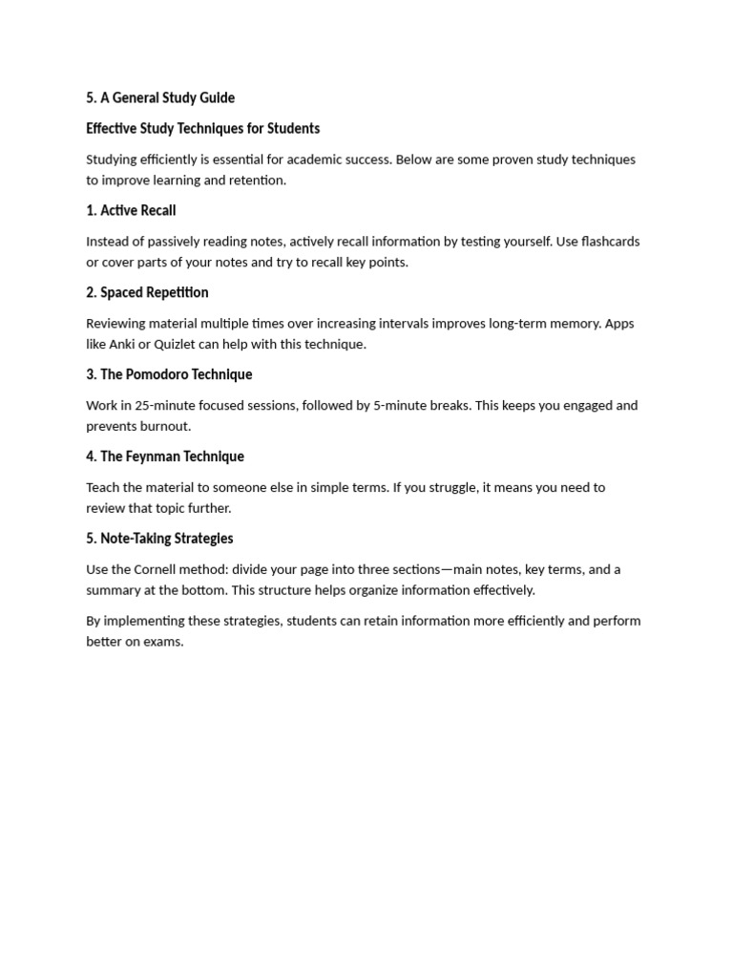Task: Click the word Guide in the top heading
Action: click(x=216, y=97)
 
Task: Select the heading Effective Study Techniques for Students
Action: click(x=202, y=128)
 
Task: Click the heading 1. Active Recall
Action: click(x=131, y=210)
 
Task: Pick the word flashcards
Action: click(x=606, y=242)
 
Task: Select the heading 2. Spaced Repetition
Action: click(x=147, y=292)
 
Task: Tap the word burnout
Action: click(x=165, y=426)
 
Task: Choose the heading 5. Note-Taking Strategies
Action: click(x=159, y=539)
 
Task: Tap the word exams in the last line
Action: click(x=162, y=642)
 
